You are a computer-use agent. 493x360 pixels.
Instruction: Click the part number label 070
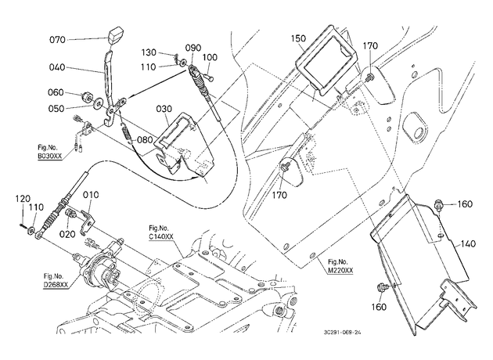[x=57, y=40]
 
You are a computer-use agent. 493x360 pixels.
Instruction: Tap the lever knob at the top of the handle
[x=115, y=37]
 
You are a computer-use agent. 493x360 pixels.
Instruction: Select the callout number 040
[x=57, y=67]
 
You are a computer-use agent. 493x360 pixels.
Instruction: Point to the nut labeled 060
[x=86, y=97]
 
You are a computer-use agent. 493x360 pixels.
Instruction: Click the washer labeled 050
[x=99, y=103]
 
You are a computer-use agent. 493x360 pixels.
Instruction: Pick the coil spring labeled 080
[x=126, y=133]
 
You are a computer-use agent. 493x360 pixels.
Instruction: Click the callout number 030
[x=164, y=109]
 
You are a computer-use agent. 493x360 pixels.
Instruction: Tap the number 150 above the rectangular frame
[x=298, y=38]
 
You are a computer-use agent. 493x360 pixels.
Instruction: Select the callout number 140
[x=469, y=243]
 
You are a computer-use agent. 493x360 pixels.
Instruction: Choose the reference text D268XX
[x=56, y=285]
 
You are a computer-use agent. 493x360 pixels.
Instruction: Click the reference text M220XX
[x=340, y=270]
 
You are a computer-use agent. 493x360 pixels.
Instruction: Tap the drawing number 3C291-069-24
[x=342, y=333]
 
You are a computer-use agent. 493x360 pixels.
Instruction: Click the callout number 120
[x=23, y=199]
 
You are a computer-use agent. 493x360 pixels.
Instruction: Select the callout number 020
[x=67, y=234]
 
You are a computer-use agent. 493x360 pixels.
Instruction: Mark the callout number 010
[x=91, y=195]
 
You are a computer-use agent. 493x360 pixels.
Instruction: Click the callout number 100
[x=210, y=57]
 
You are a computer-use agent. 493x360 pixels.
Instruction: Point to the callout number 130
[x=149, y=52]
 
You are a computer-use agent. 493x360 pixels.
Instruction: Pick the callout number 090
[x=193, y=48]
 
